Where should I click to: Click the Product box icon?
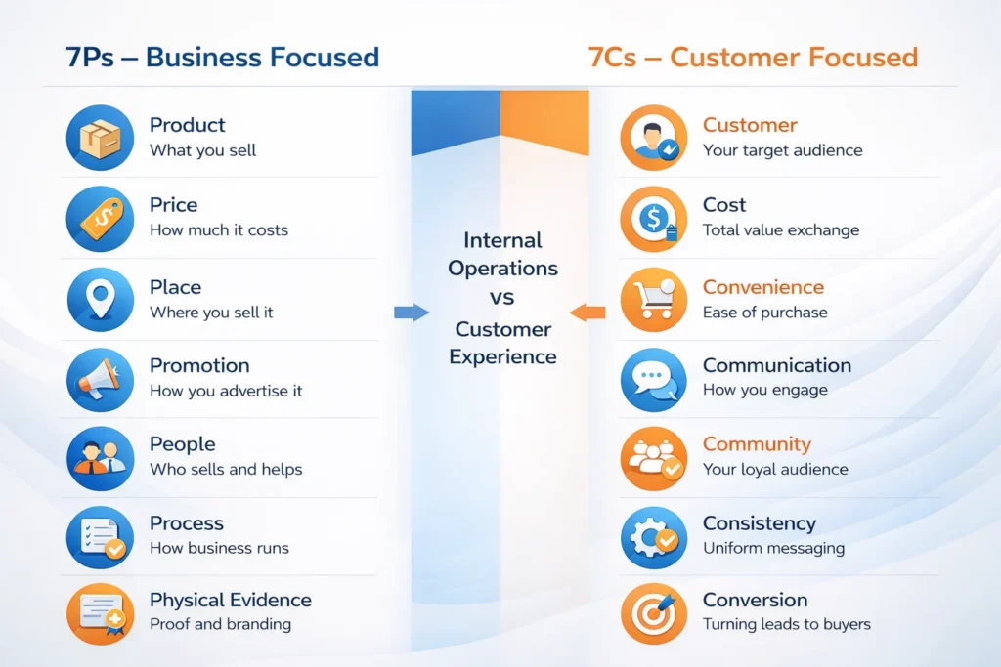pos(100,137)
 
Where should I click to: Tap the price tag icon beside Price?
pos(100,217)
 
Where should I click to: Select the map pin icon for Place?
pos(100,298)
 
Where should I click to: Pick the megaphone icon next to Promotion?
pos(100,378)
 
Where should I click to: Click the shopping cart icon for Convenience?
pos(653,298)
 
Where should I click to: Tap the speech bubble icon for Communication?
pos(653,378)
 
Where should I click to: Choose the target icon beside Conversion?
pos(653,612)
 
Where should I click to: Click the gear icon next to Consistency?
pos(653,535)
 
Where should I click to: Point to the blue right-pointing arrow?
pos(412,313)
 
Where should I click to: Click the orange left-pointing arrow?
pos(587,313)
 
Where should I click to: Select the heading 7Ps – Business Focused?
pos(222,57)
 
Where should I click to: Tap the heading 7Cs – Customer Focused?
pos(753,57)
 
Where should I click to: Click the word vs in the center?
pos(502,299)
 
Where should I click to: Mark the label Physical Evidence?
pos(231,601)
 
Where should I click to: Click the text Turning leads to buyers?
pos(786,624)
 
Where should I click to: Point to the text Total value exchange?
pos(780,230)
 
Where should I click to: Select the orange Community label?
pos(757,444)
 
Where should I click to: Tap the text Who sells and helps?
pos(226,470)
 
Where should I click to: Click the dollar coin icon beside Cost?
pos(653,217)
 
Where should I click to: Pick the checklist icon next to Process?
pos(100,535)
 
